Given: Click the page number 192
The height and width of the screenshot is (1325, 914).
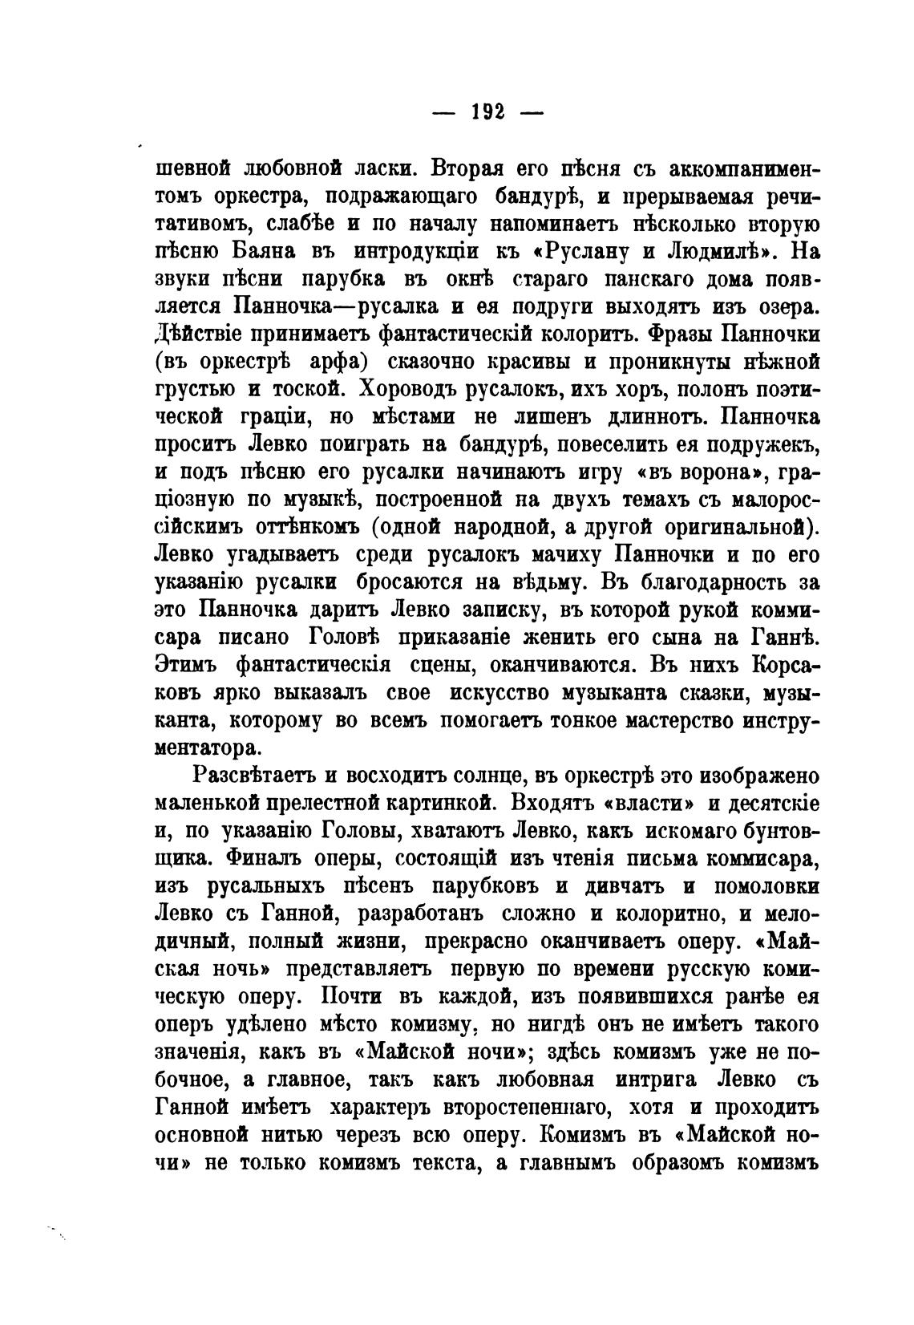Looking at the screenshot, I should tap(487, 113).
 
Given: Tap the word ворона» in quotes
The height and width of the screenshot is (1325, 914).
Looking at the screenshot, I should tap(697, 472).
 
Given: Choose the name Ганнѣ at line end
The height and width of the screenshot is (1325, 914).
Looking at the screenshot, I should tap(787, 638).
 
